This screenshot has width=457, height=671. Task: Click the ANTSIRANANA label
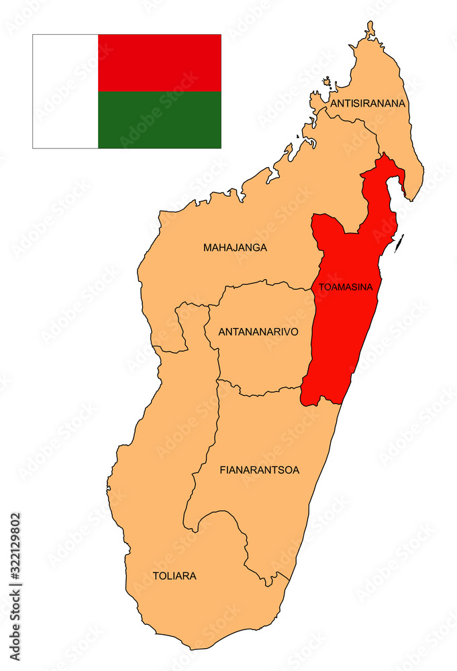pyautogui.click(x=368, y=103)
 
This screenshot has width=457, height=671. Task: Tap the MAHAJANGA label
pyautogui.click(x=235, y=248)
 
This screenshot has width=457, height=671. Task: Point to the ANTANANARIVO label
pyautogui.click(x=258, y=331)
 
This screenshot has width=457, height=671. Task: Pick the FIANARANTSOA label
pyautogui.click(x=260, y=470)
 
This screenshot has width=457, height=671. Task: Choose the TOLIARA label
pyautogui.click(x=174, y=576)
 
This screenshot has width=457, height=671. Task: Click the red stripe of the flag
pyautogui.click(x=159, y=62)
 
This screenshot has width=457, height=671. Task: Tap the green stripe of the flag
pyautogui.click(x=159, y=119)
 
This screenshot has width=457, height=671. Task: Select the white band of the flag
pyautogui.click(x=65, y=91)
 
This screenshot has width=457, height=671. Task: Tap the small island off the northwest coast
pyautogui.click(x=327, y=83)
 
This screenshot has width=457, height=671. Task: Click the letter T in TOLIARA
pyautogui.click(x=156, y=576)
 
